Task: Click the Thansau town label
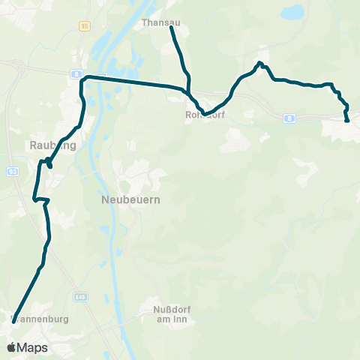[x=155, y=23]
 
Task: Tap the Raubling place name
[x=52, y=146]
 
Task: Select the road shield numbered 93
[x=12, y=172]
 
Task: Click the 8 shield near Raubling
[x=77, y=73]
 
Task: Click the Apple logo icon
[x=11, y=347]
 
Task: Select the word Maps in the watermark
[x=32, y=348]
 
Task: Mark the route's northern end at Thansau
[x=172, y=28]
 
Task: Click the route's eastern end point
[x=346, y=120]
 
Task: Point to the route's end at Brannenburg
[x=13, y=319]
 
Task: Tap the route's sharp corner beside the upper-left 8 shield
[x=84, y=77]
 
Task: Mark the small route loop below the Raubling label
[x=47, y=161]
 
